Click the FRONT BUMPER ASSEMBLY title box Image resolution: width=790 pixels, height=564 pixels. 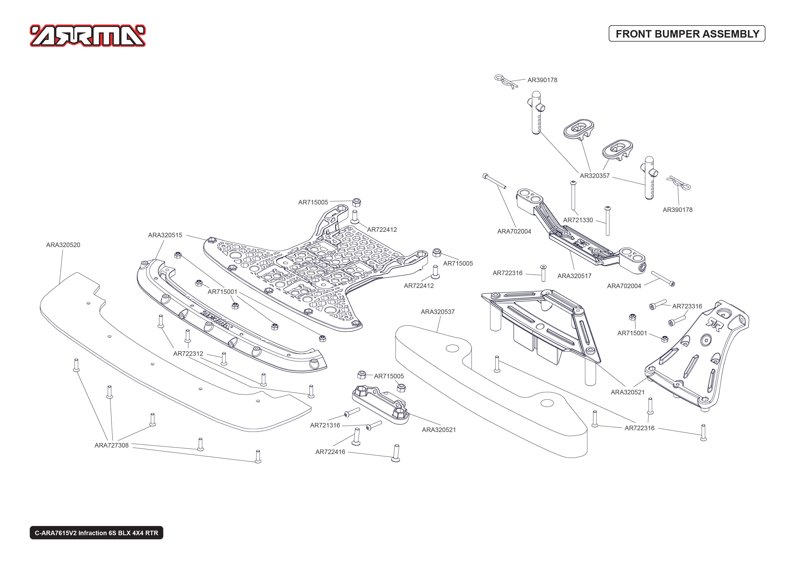pos(687,34)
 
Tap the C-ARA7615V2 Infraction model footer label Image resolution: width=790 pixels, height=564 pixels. pos(96,533)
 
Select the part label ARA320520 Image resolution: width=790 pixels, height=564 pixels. pos(63,245)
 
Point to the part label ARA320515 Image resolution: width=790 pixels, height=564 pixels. pos(165,235)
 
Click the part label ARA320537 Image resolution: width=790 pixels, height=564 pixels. pos(437,312)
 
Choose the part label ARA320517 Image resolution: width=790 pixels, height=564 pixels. pos(574,276)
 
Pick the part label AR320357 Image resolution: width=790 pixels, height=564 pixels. pos(594,176)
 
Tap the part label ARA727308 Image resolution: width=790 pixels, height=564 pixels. pos(112,445)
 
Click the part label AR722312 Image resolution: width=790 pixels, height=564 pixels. pos(188,354)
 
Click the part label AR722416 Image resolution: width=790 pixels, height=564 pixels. pos(330,452)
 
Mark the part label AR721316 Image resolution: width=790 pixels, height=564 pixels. pos(325,425)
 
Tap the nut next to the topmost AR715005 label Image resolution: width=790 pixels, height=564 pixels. pos(357,202)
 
